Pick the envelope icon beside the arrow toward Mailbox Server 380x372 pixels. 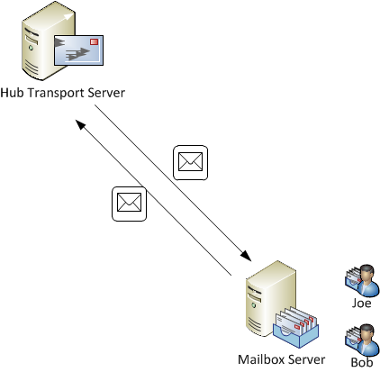coord(190,162)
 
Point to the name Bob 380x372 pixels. coord(360,362)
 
